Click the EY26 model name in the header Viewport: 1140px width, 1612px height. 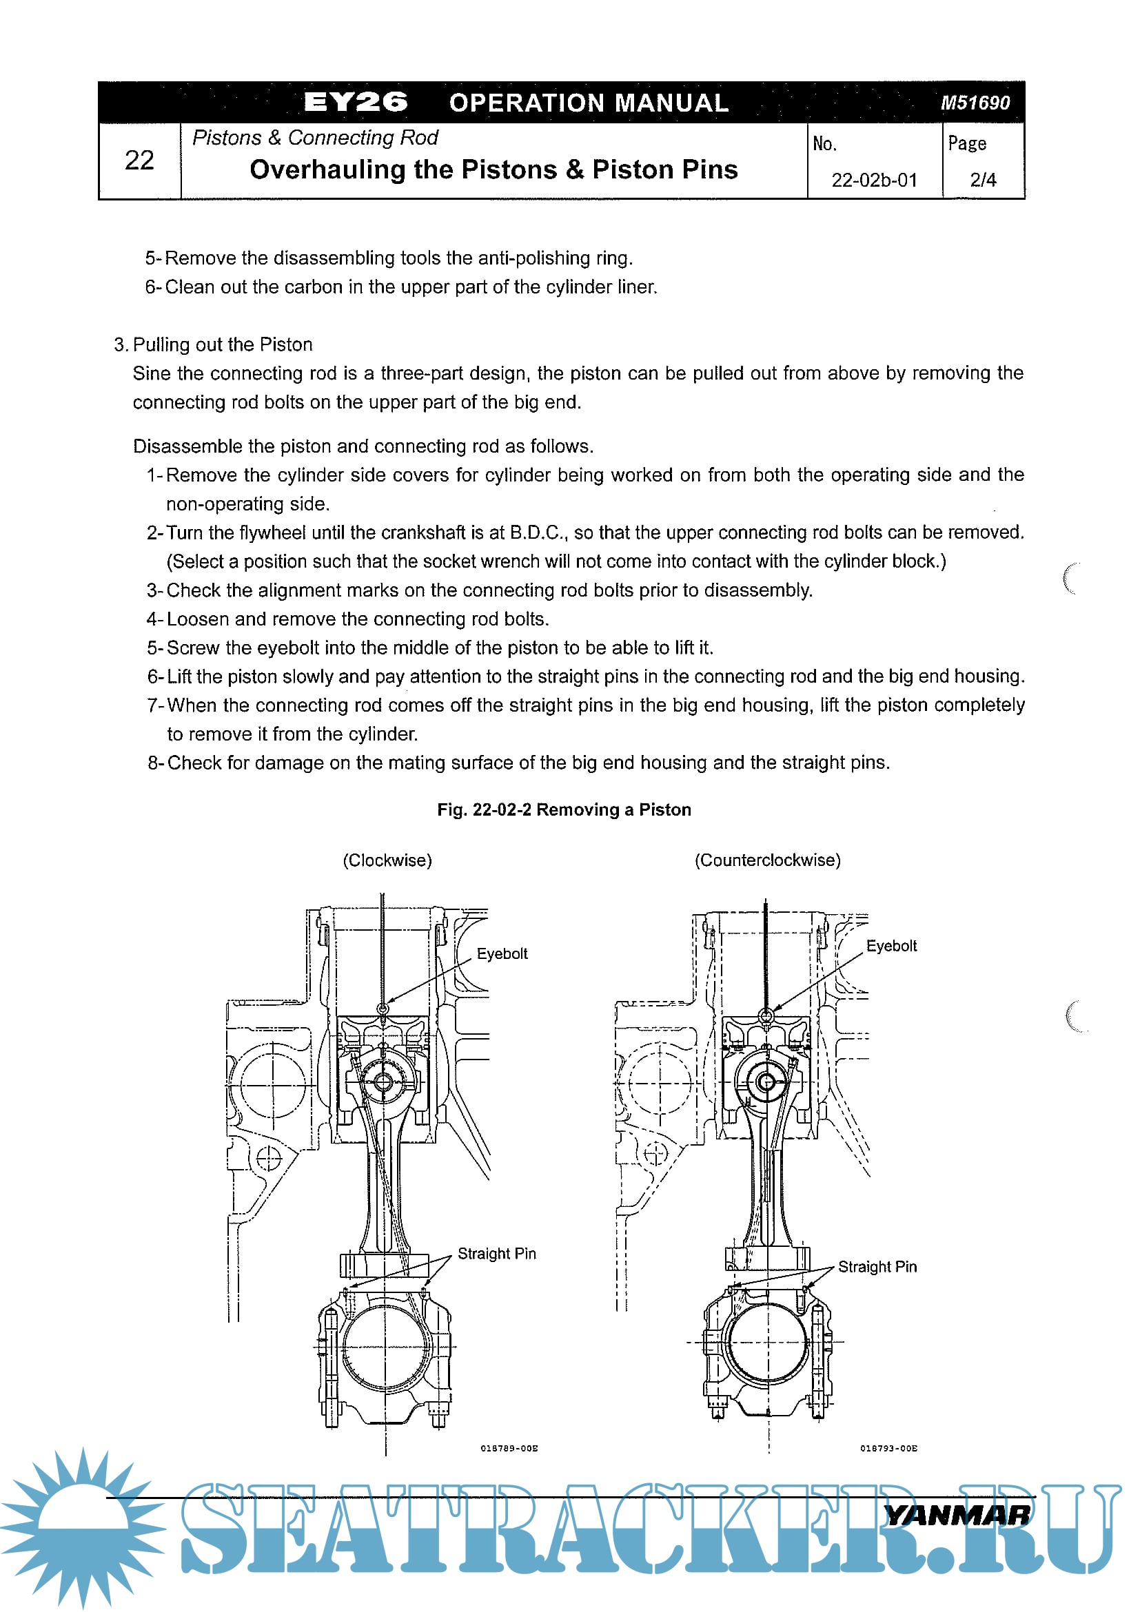point(356,103)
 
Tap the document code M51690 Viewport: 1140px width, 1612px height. point(975,103)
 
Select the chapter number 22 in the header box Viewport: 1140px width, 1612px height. point(139,160)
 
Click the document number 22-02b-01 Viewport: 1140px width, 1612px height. point(875,180)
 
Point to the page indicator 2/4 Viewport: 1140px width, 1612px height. point(983,180)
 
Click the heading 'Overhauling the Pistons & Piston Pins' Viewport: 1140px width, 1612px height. point(493,170)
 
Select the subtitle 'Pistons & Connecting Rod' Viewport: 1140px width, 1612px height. point(315,138)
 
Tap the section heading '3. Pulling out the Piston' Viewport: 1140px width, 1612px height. point(214,344)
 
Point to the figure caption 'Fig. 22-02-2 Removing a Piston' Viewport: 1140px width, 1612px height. point(564,809)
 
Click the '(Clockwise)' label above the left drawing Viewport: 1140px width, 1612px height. point(387,860)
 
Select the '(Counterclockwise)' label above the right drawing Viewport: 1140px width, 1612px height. point(767,860)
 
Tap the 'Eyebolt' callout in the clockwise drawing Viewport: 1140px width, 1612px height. point(502,953)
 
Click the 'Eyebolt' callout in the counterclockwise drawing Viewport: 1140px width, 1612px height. point(891,946)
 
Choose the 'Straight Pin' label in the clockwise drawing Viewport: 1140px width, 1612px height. point(497,1254)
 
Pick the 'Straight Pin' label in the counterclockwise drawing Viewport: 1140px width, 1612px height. point(877,1267)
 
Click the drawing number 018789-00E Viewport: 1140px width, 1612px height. point(509,1449)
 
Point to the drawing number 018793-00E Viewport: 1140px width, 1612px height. point(888,1449)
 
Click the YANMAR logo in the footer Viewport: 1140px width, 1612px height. point(958,1516)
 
